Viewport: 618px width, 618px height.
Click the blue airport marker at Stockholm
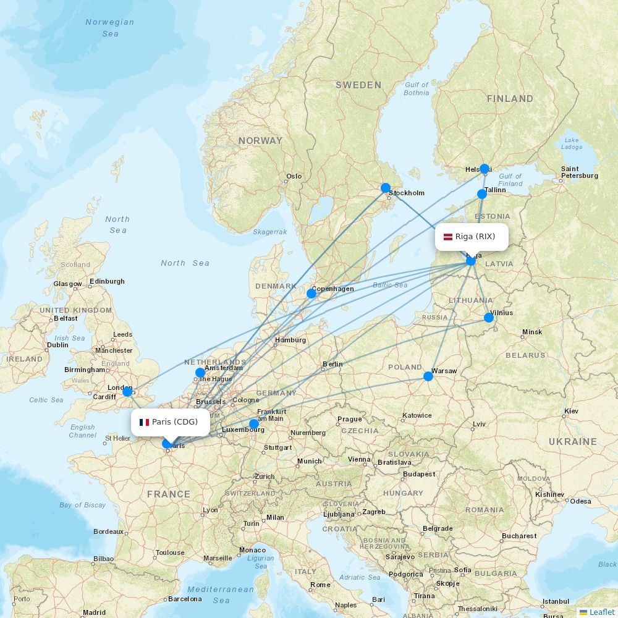386,188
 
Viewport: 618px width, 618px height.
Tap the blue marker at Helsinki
485,169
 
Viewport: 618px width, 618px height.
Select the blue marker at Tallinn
482,194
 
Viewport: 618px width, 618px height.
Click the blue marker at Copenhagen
311,294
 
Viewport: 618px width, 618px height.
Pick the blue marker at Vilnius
489,318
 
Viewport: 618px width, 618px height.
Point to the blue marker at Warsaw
428,376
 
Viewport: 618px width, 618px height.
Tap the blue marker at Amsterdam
200,373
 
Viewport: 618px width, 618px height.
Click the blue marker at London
127,392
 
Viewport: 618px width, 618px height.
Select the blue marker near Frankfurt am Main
254,424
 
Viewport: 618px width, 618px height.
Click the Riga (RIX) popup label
472,237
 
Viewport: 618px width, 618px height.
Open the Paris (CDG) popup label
170,422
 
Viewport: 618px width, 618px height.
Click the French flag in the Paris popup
145,422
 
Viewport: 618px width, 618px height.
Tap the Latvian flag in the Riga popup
448,237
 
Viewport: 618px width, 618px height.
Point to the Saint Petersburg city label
579,172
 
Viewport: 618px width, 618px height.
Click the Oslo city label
294,176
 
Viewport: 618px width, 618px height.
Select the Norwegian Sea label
110,28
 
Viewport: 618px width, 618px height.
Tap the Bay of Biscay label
83,505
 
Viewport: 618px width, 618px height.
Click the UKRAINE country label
572,442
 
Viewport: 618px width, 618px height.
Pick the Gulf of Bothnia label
416,89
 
